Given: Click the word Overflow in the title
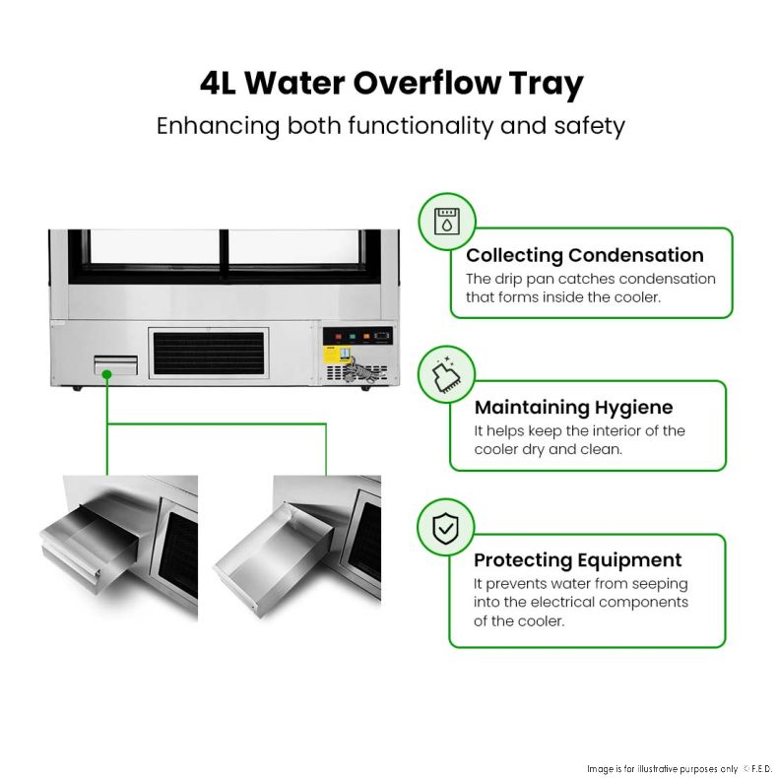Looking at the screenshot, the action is [x=426, y=83].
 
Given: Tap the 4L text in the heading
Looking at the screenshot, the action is [x=218, y=84].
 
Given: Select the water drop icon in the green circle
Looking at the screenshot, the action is [x=447, y=221].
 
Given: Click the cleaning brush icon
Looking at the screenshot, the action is [x=446, y=374].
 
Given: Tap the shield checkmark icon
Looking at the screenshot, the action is [x=445, y=529].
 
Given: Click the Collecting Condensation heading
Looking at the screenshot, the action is [x=585, y=255].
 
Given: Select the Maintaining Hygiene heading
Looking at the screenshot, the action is [x=573, y=408].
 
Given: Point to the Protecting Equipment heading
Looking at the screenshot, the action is [x=577, y=559].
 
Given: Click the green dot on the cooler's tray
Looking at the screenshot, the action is [x=106, y=374].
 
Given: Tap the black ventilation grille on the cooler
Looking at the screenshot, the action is [x=209, y=354].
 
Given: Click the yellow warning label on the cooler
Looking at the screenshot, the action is [x=331, y=355].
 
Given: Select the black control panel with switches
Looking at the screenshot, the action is [x=357, y=336].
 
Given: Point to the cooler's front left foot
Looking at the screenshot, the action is [x=77, y=388].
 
